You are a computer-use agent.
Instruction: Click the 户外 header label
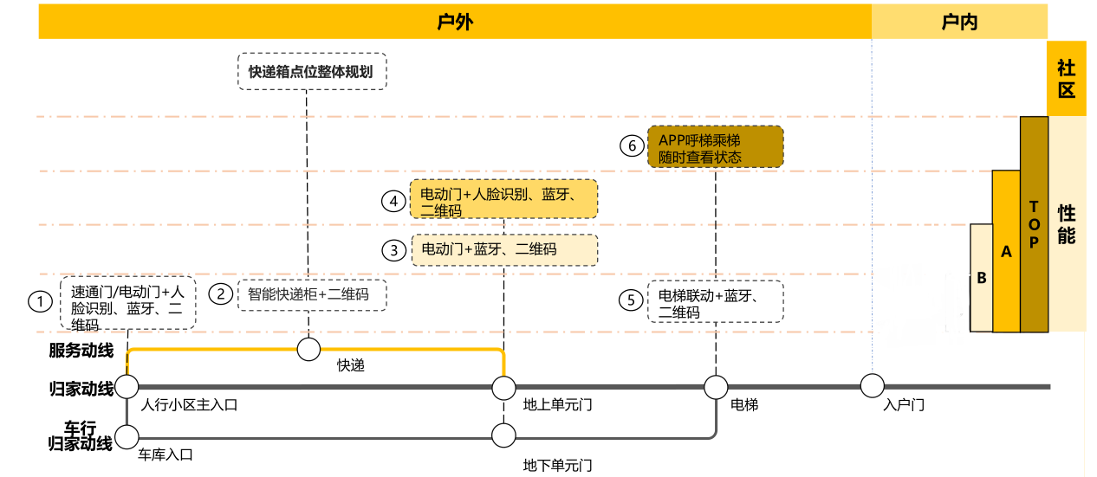coord(455,22)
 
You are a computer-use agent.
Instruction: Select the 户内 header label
coord(959,22)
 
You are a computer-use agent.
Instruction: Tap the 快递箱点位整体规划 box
coord(311,72)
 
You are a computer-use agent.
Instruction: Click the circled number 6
coord(633,145)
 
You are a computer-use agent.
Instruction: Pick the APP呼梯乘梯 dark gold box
coord(715,147)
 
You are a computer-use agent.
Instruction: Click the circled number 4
coord(394,201)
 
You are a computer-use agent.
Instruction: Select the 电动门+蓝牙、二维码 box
coord(504,249)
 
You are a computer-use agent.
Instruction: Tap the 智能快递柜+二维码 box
coord(312,294)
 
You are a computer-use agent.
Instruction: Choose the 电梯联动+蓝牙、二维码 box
coord(715,302)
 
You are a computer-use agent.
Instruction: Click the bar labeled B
coord(981,278)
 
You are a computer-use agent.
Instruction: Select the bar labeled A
coord(1006,251)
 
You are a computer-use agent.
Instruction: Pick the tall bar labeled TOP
coord(1033,225)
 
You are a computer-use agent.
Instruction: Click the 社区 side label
coord(1066,79)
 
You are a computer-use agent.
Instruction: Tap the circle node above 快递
coord(308,349)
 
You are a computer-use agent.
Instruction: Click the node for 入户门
coord(872,384)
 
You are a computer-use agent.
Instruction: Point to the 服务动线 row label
coord(81,351)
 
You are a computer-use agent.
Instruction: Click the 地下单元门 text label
coord(558,465)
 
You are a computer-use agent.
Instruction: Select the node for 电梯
coord(716,385)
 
